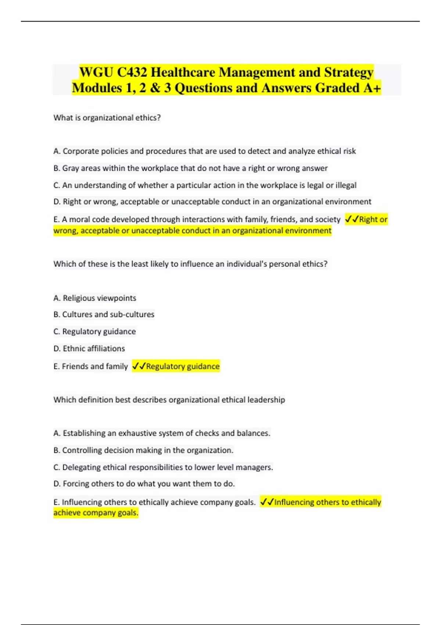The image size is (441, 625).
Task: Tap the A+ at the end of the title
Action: point(372,88)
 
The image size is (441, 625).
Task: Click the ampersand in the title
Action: point(155,88)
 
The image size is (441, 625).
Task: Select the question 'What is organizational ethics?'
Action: point(107,118)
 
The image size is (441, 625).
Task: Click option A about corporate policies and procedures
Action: point(204,151)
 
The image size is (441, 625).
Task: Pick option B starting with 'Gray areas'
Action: point(190,168)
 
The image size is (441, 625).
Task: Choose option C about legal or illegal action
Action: point(205,185)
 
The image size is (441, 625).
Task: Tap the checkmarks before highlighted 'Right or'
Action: point(352,219)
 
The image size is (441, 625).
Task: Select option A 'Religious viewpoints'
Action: point(95,298)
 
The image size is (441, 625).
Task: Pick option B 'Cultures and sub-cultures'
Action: point(104,315)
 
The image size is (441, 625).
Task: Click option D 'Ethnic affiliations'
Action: point(89,349)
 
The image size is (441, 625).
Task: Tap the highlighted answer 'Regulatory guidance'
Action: point(183,367)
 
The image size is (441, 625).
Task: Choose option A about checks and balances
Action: point(162,433)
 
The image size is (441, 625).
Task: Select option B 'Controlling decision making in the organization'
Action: point(143,450)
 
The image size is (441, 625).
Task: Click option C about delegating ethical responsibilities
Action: point(163,467)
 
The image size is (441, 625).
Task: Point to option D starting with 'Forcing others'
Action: point(144,484)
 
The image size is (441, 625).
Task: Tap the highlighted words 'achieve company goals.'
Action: point(96,513)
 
